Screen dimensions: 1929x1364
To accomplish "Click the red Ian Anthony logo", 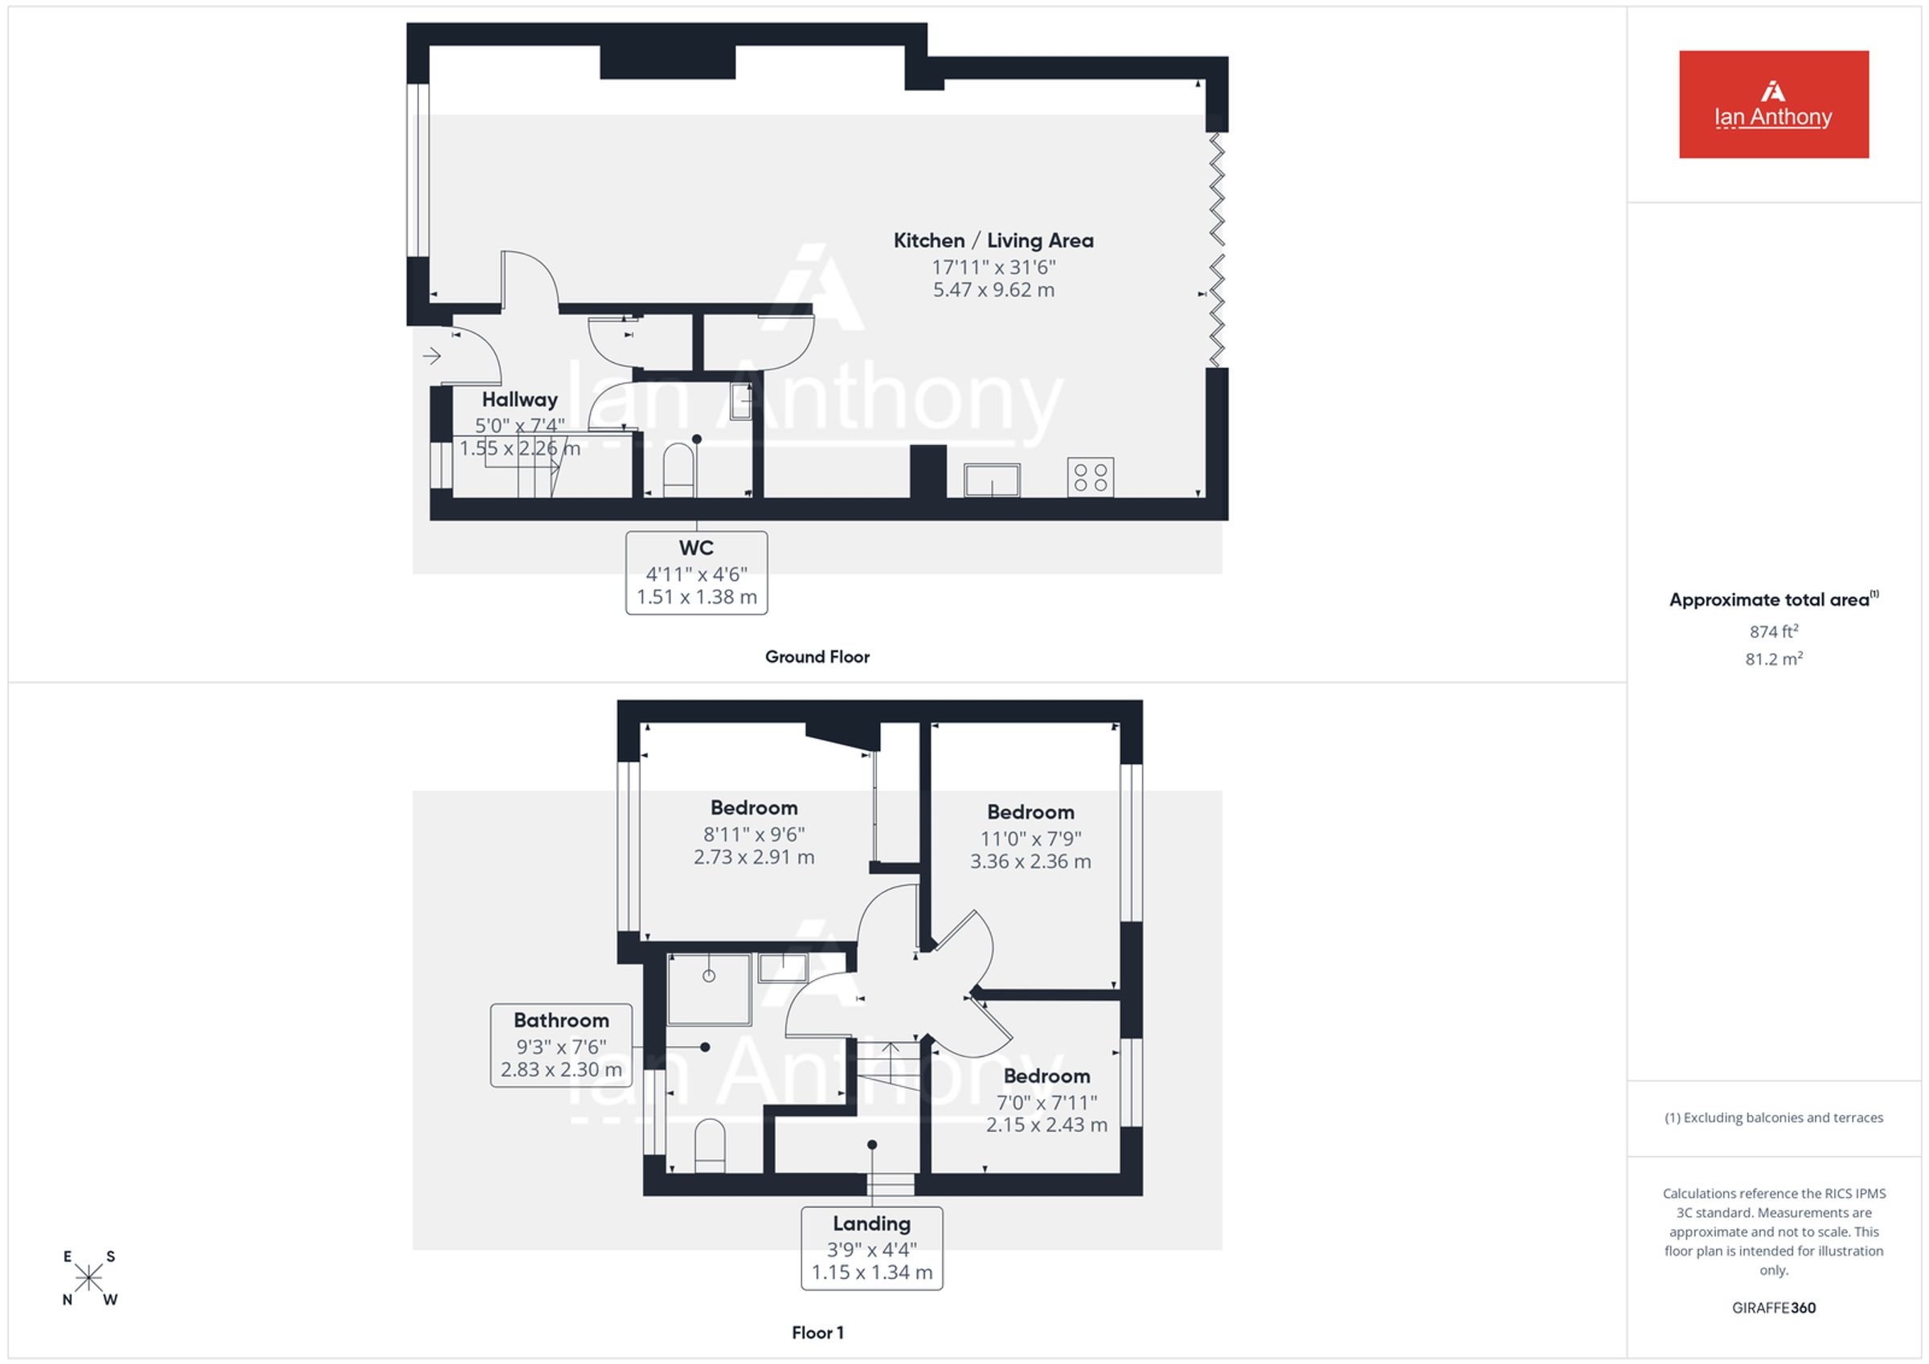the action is click(x=1774, y=104).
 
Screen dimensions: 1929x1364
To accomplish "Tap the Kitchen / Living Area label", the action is click(x=993, y=241).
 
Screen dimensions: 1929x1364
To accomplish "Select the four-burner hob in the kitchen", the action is click(x=1091, y=478).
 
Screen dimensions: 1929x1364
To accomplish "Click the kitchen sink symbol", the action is click(x=992, y=480).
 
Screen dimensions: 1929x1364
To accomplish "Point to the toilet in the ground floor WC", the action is click(x=679, y=472).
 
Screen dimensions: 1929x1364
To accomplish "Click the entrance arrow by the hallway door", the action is click(x=432, y=356).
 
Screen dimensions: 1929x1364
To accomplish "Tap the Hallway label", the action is click(x=519, y=400).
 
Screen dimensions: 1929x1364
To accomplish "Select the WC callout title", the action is click(x=697, y=549).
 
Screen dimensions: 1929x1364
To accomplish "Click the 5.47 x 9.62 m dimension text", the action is click(x=993, y=290).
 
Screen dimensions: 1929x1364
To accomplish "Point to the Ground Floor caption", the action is click(x=817, y=657).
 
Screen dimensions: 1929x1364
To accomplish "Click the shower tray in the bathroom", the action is click(x=709, y=990).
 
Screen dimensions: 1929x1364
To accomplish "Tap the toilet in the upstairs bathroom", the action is click(x=710, y=1145).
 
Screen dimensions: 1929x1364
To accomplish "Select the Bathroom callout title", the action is click(x=561, y=1020).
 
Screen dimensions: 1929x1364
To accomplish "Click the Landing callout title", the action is click(x=872, y=1223).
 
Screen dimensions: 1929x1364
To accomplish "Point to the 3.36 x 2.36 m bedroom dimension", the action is click(x=1031, y=862).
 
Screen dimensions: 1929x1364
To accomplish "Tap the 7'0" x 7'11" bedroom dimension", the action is click(x=1046, y=1102).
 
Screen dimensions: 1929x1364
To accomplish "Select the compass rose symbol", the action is click(x=88, y=1278).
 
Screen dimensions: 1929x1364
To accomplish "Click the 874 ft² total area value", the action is click(x=1774, y=631).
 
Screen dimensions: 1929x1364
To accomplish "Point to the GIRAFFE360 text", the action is click(x=1774, y=1308).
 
